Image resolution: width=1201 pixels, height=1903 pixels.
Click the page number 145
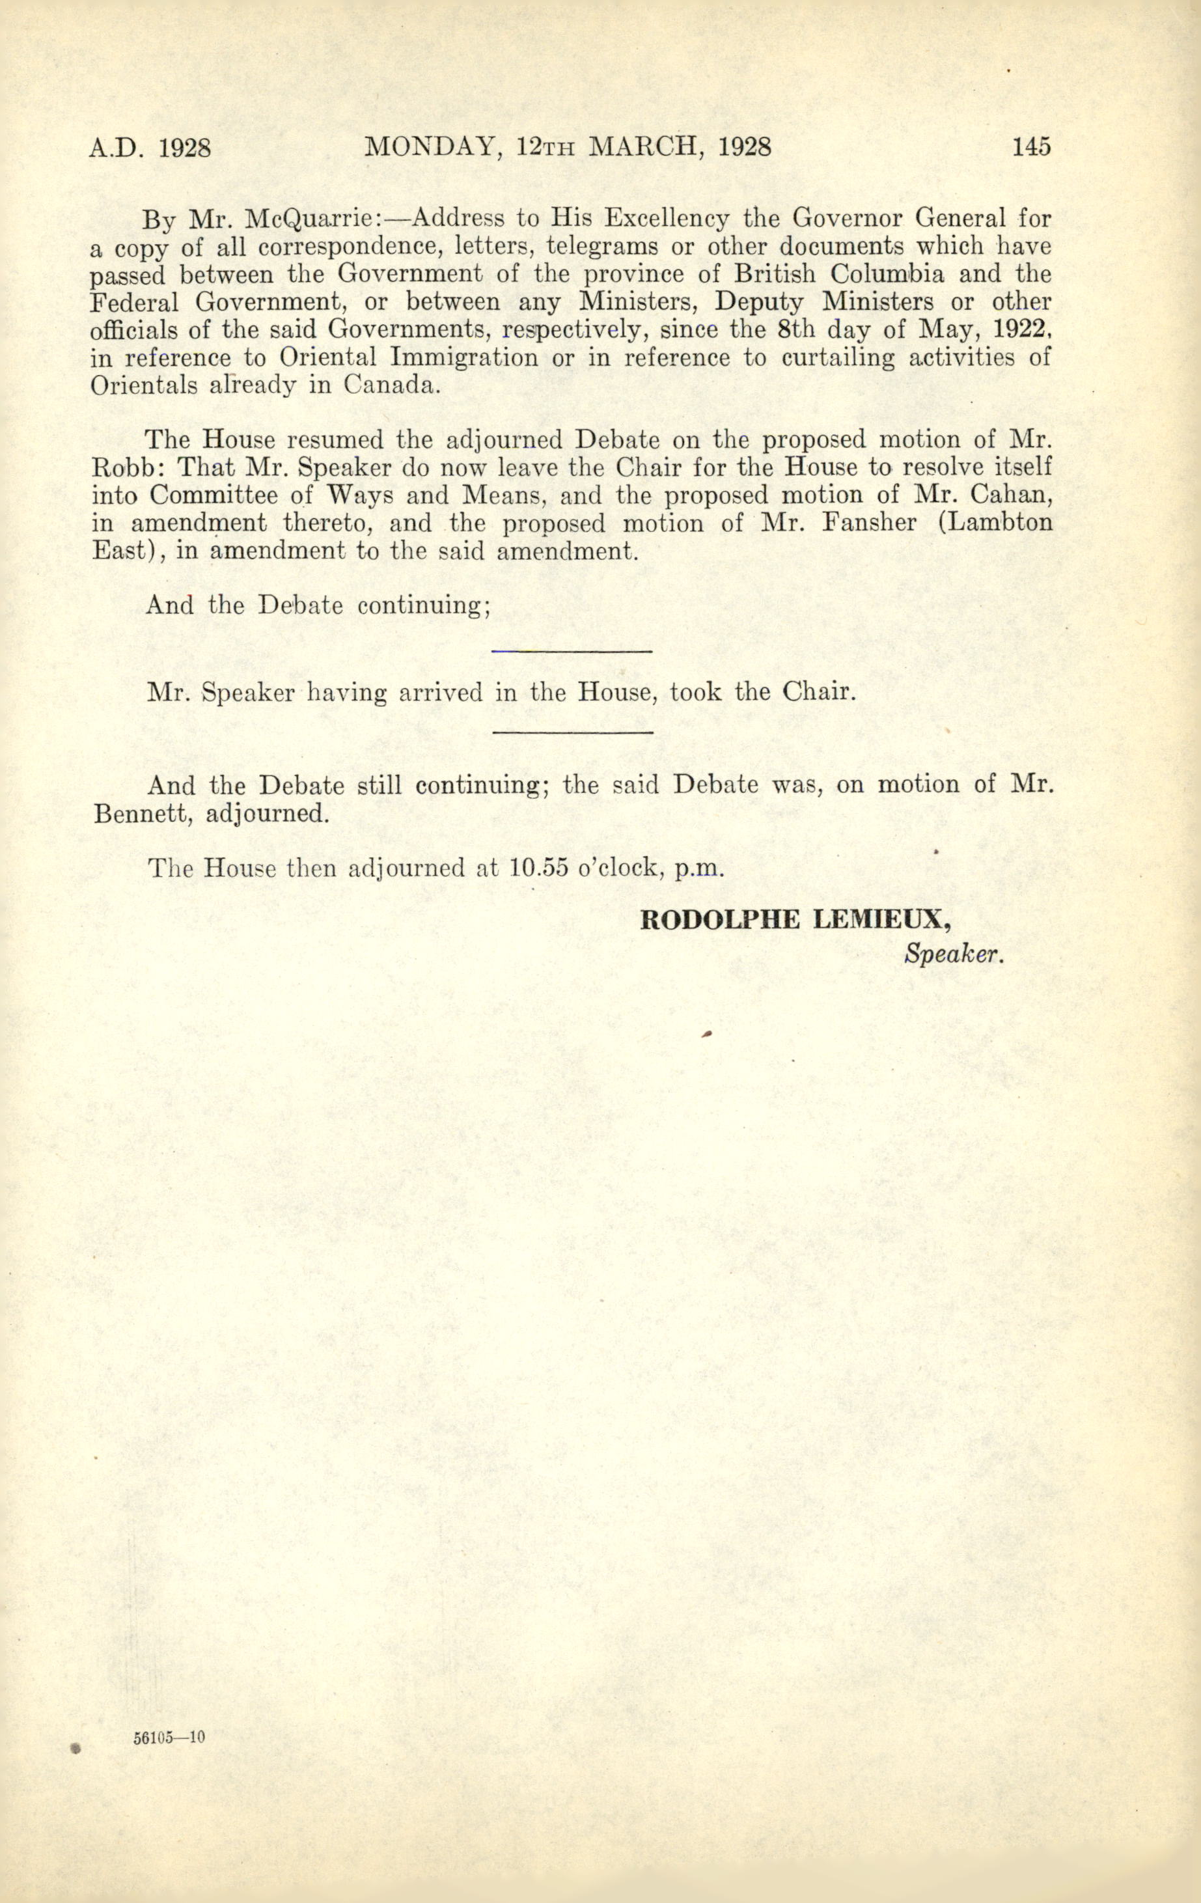pos(1031,148)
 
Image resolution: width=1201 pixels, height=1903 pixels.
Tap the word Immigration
pos(464,358)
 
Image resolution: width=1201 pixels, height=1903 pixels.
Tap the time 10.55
pos(540,868)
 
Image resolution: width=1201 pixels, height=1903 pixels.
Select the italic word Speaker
pos(954,954)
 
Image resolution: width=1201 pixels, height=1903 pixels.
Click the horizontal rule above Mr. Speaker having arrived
pos(572,650)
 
